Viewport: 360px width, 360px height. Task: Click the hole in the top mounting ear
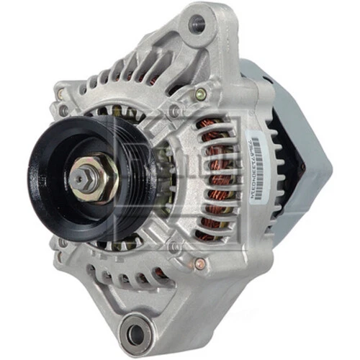point(197,24)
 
